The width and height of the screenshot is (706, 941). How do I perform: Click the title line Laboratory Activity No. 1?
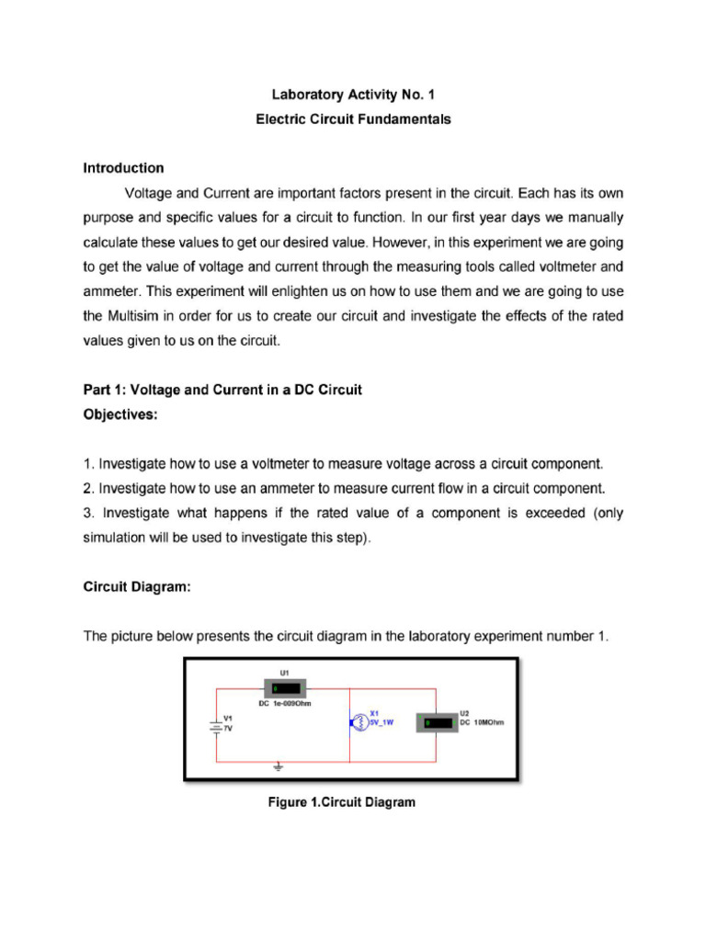click(353, 95)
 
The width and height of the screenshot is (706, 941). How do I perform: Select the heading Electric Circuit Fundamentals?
click(353, 119)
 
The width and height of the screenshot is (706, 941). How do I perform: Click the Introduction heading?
click(124, 168)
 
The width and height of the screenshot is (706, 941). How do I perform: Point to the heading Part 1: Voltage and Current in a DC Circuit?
click(222, 390)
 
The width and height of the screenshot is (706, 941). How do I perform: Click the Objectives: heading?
click(120, 414)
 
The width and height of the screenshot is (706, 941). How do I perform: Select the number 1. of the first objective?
click(88, 463)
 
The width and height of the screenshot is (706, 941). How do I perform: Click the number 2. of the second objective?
click(88, 488)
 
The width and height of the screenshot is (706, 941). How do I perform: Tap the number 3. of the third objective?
click(88, 513)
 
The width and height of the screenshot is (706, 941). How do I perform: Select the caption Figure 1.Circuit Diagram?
click(341, 802)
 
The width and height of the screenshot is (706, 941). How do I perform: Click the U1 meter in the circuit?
click(285, 688)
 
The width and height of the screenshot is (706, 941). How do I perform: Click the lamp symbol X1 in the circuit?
click(359, 723)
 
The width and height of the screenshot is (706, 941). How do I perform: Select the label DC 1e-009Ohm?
click(285, 704)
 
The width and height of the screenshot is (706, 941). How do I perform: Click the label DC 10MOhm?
click(482, 722)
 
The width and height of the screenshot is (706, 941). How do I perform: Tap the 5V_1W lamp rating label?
click(381, 723)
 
